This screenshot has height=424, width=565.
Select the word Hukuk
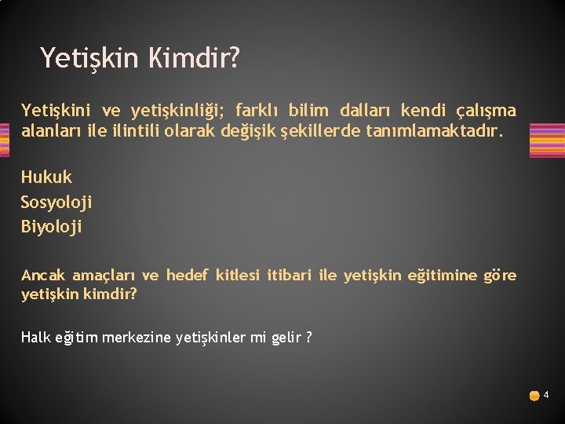point(46,177)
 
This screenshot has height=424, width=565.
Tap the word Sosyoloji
point(56,202)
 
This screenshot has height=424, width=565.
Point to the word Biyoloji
point(52,227)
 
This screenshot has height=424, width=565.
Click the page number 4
point(546,395)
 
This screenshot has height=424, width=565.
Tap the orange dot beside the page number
point(534,396)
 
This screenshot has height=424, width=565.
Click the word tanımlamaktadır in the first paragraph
point(432,130)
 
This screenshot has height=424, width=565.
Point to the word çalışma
point(486,109)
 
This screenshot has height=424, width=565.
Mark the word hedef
point(186,276)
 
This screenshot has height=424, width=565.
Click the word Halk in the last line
point(35,337)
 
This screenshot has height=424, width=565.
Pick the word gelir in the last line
point(286,337)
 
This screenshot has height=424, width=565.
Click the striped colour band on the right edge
point(547,140)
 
